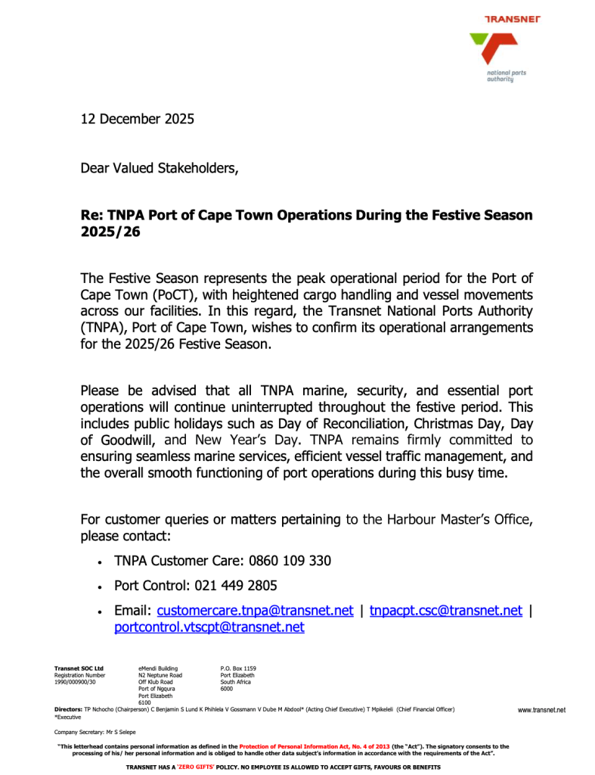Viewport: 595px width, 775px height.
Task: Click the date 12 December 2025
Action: click(x=137, y=119)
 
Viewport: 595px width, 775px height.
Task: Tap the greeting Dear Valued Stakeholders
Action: click(x=159, y=168)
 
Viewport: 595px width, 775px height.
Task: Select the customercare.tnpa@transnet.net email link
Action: click(x=255, y=611)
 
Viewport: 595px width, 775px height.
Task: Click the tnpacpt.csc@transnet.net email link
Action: click(x=445, y=611)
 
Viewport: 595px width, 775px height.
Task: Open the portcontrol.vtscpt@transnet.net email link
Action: click(x=209, y=627)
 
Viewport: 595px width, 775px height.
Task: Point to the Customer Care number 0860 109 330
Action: click(x=284, y=561)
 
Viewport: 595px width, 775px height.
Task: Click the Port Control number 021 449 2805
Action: click(x=236, y=586)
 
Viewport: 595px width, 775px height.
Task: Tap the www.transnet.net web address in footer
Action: click(x=541, y=710)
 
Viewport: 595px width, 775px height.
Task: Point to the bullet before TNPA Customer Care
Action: click(x=100, y=562)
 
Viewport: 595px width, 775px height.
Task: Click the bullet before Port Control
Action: click(x=100, y=587)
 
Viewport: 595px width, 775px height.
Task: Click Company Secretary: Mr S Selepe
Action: click(x=95, y=733)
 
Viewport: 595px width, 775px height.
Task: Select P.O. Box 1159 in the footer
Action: click(x=238, y=668)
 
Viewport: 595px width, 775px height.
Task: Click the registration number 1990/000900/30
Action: click(x=75, y=682)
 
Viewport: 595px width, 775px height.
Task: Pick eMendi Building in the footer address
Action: click(x=158, y=668)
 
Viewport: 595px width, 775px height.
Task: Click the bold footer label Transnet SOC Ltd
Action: click(x=79, y=668)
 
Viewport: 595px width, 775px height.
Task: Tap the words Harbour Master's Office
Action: click(x=460, y=519)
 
